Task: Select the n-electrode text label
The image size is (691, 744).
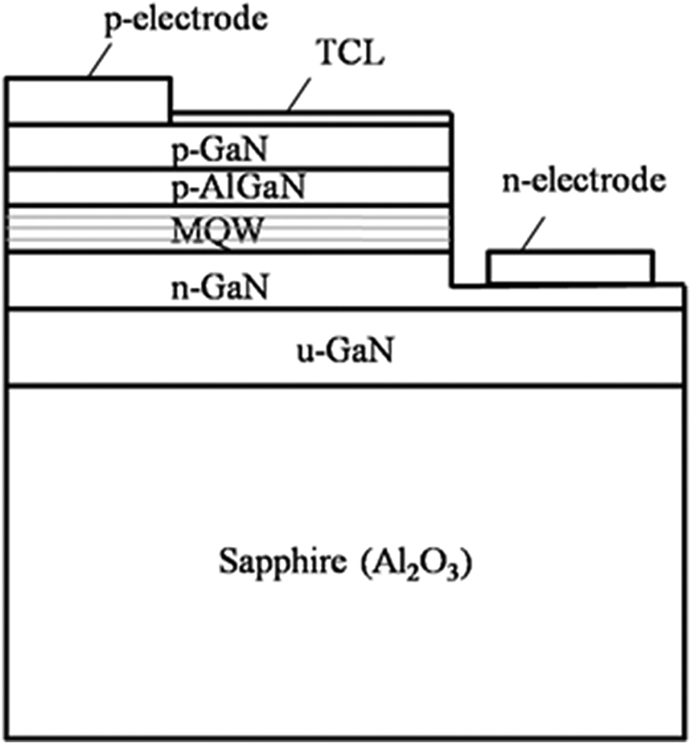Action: (x=581, y=182)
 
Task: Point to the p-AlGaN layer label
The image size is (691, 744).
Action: (x=237, y=187)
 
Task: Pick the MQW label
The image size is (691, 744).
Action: (x=217, y=228)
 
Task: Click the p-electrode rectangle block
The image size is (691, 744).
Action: (x=88, y=99)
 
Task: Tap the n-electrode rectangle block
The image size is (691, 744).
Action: (x=570, y=267)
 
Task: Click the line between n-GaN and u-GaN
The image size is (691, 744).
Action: (x=344, y=309)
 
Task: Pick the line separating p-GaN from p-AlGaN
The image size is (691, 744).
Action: (x=229, y=168)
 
